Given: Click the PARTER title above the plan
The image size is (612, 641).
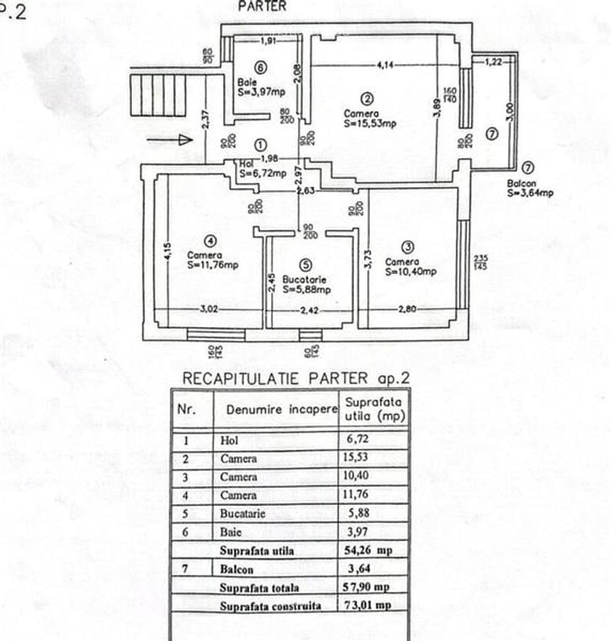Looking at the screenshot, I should point(262,6).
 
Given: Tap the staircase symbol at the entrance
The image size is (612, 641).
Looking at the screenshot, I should point(158,95).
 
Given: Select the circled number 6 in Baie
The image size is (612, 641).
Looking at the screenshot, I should point(260,68).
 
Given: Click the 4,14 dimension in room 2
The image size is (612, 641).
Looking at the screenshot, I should point(386,66).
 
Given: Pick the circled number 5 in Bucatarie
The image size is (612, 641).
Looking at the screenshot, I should point(305,264).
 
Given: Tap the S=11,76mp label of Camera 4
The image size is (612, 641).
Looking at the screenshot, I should point(213,265).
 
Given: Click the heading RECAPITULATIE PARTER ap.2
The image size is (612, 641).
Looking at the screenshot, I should point(296,378).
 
